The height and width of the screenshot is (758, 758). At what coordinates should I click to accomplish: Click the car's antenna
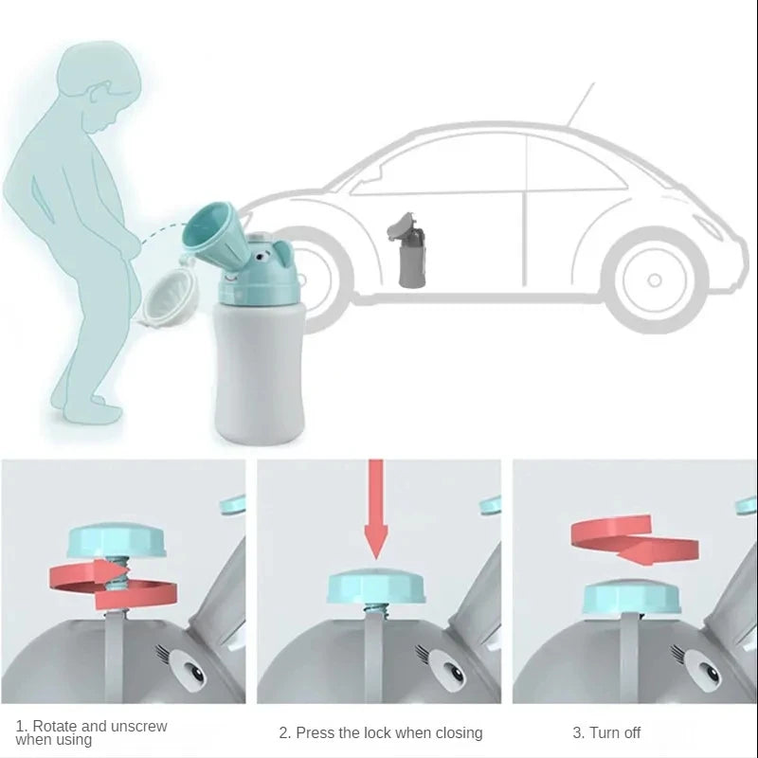[x=580, y=104]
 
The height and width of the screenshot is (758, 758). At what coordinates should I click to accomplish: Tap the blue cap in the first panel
[x=117, y=541]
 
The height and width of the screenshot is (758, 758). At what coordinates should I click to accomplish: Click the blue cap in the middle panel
[x=376, y=587]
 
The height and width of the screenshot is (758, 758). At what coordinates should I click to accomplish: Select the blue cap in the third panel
[x=633, y=596]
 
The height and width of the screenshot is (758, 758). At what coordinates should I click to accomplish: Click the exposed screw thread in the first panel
[x=116, y=574]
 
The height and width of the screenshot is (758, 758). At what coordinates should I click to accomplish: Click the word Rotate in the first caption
[x=62, y=727]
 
